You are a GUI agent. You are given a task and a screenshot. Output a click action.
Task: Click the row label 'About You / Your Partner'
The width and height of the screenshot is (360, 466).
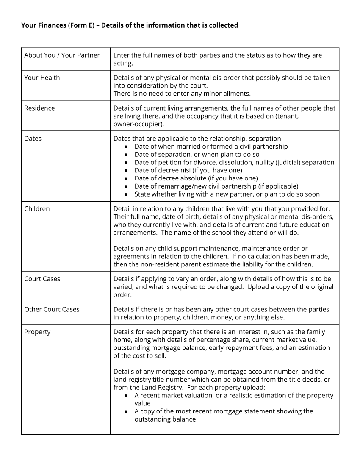62,55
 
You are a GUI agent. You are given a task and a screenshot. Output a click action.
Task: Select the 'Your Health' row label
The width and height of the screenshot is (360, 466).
42,78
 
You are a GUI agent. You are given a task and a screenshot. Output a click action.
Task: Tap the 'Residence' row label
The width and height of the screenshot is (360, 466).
39,108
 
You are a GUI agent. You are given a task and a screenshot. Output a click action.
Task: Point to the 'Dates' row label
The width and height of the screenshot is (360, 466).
33,139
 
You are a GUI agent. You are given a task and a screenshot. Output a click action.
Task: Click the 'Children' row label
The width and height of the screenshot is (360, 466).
37,208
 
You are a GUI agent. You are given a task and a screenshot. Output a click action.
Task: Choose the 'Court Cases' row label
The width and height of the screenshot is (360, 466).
42,279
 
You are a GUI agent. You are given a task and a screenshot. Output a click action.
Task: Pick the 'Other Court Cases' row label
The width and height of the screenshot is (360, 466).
52,309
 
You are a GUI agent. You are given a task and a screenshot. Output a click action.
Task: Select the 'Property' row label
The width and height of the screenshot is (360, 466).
37,332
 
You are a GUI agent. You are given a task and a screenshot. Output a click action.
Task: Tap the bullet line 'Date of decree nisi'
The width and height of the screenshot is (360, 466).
188,170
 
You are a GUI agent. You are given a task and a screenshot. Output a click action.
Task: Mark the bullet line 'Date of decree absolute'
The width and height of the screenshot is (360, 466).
196,178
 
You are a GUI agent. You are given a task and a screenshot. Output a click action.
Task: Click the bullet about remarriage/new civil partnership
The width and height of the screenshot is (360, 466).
216,186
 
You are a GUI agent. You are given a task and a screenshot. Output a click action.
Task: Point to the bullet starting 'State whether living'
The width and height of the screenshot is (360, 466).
227,194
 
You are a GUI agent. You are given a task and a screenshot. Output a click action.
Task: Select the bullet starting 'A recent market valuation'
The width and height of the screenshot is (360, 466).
234,395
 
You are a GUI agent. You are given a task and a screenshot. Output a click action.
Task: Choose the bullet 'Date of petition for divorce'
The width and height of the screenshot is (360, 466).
234,162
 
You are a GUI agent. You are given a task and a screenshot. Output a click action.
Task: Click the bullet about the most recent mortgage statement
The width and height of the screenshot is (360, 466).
224,411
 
